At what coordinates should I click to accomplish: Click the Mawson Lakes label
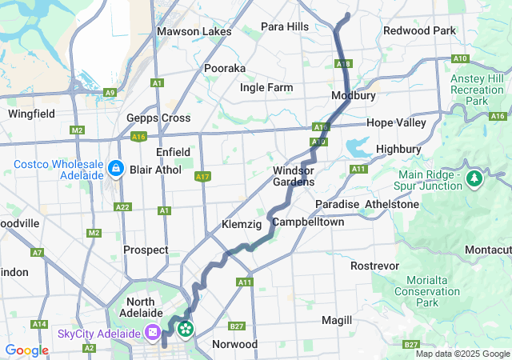tap(194, 32)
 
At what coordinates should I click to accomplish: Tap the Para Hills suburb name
tap(285, 26)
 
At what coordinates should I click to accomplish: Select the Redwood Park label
tap(419, 30)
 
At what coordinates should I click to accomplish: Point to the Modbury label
tap(354, 96)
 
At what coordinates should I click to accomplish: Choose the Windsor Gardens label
tap(294, 176)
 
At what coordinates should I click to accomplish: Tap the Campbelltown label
tap(308, 222)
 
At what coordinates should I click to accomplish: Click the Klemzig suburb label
tap(242, 225)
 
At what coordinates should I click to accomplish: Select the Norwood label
tap(234, 344)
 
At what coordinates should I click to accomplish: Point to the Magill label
tap(336, 320)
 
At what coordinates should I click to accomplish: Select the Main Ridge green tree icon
tap(475, 175)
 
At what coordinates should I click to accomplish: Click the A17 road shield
tap(202, 176)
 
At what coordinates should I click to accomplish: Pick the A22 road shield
tap(122, 207)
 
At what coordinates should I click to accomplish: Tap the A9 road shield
tap(110, 93)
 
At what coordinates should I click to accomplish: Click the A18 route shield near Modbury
tap(343, 63)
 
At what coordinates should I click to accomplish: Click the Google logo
tap(26, 350)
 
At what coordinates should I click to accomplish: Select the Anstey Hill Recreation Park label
tap(478, 90)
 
